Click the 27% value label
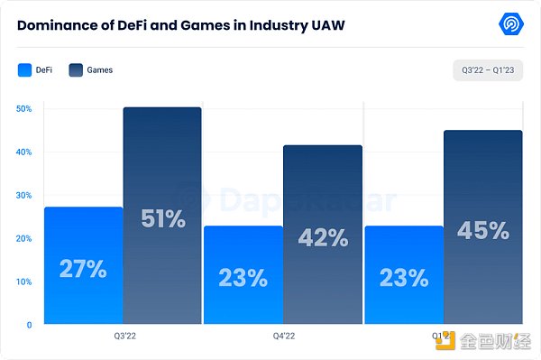[83, 269]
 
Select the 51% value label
[162, 218]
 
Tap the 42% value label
[323, 237]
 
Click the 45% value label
[482, 231]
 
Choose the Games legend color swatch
[76, 69]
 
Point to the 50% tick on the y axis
[24, 108]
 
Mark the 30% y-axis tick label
[24, 195]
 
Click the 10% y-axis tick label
[24, 282]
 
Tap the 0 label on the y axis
[29, 325]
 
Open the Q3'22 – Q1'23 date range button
[488, 70]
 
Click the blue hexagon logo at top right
[512, 24]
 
